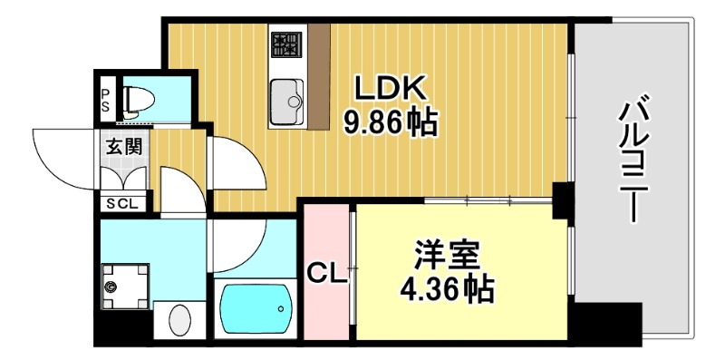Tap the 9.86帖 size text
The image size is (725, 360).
[390, 122]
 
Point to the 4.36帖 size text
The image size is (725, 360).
[447, 288]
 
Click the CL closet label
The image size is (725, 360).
[327, 273]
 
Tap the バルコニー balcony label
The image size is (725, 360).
[632, 163]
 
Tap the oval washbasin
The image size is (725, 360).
[180, 322]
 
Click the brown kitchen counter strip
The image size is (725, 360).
[318, 77]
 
